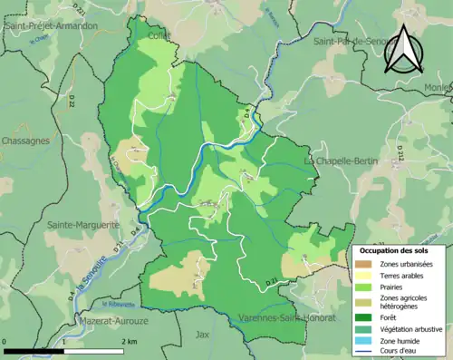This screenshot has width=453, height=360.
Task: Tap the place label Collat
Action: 160,36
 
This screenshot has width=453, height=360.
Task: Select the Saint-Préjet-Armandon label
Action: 52,27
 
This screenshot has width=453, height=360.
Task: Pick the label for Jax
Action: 203,335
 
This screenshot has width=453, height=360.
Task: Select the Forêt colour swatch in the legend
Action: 367,317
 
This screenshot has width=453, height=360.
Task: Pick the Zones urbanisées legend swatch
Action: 367,263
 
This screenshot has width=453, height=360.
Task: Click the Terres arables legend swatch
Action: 367,275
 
